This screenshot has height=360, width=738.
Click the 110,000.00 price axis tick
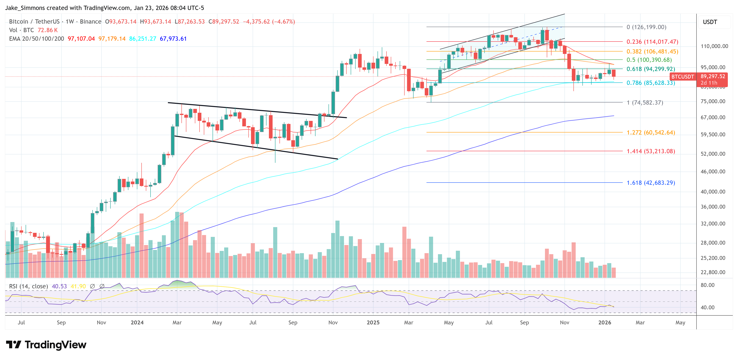pyautogui.click(x=714, y=46)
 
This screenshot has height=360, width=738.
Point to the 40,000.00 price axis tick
pyautogui.click(x=713, y=191)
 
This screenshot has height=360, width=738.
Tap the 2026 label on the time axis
pyautogui.click(x=605, y=322)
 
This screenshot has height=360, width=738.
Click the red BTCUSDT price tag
pyautogui.click(x=682, y=77)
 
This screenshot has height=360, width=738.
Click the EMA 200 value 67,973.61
pyautogui.click(x=173, y=39)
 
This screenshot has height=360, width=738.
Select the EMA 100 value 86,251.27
pyautogui.click(x=142, y=39)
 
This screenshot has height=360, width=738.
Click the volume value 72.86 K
pyautogui.click(x=48, y=30)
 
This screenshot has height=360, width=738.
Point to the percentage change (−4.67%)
pyautogui.click(x=283, y=22)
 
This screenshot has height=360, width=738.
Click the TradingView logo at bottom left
pyautogui.click(x=46, y=345)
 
